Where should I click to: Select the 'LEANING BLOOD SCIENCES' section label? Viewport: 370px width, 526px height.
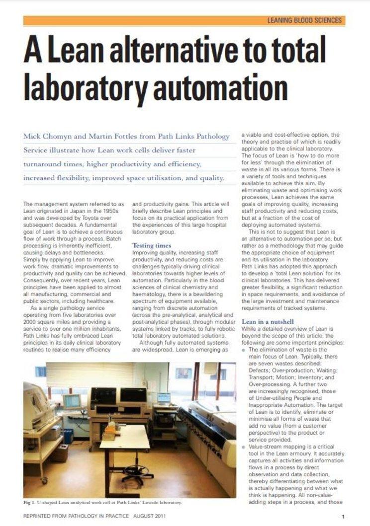pyautogui.click(x=304, y=20)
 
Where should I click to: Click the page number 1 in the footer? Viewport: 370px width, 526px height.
pyautogui.click(x=343, y=517)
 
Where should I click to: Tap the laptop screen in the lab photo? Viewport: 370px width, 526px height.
pyautogui.click(x=163, y=398)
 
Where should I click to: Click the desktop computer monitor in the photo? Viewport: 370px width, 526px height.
pyautogui.click(x=71, y=401)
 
